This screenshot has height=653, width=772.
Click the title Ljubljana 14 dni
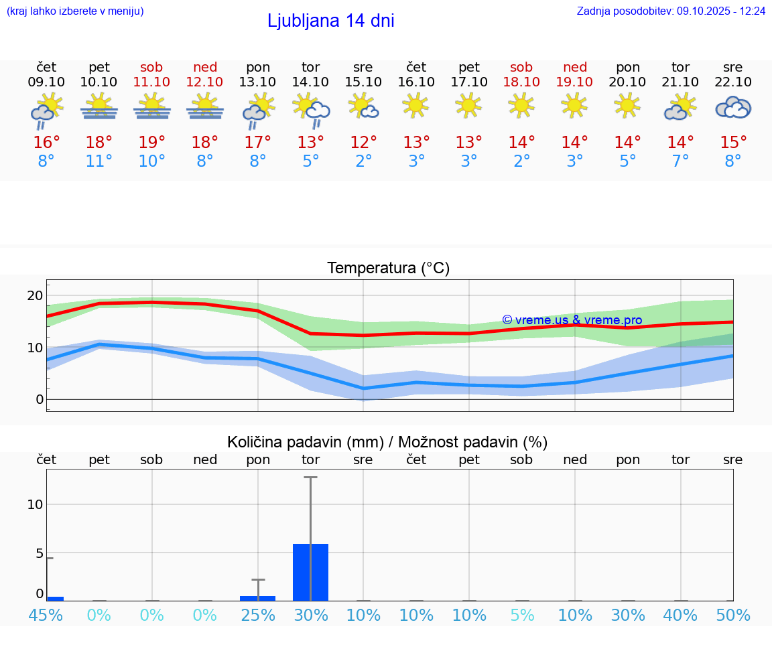[x=330, y=21]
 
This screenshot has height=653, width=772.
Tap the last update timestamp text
[x=671, y=11]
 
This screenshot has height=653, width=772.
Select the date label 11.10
[x=151, y=82]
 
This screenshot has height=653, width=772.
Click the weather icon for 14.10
[x=311, y=109]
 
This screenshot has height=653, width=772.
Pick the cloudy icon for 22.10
[x=733, y=107]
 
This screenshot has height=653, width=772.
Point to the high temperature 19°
[x=152, y=143]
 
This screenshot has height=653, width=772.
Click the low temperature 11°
[x=99, y=161]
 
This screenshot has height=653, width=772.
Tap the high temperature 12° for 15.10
[x=363, y=143]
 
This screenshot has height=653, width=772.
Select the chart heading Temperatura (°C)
[x=388, y=268]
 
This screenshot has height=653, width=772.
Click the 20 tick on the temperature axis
[x=35, y=295]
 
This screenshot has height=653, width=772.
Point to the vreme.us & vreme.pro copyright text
[x=572, y=320]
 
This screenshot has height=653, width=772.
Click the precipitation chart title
[x=387, y=442]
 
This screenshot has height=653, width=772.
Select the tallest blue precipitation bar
[x=310, y=572]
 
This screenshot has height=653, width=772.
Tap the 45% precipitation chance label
[x=46, y=615]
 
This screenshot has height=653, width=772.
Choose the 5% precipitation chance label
[x=521, y=615]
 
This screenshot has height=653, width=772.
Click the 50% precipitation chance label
[x=733, y=615]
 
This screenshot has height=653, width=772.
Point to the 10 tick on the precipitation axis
[x=35, y=504]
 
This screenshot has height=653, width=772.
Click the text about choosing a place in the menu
[x=75, y=11]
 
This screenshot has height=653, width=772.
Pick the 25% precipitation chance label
[x=258, y=615]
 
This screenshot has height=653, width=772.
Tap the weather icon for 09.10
[x=46, y=111]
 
